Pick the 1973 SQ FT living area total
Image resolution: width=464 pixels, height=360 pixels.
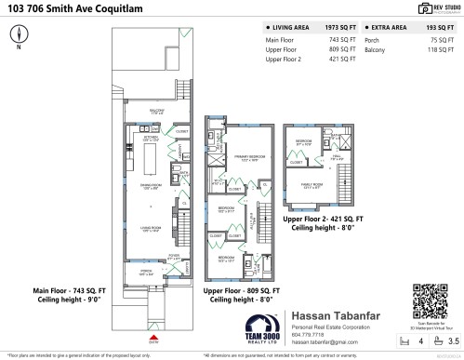point(339,28)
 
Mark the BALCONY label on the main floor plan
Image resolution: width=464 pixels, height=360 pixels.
point(156,112)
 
